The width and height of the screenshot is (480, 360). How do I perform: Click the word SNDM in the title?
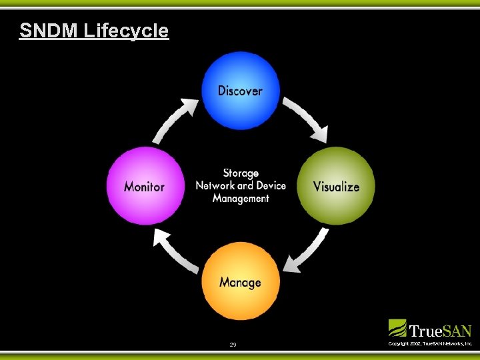coord(49,31)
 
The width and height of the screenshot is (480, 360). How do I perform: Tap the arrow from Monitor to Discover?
coord(175,119)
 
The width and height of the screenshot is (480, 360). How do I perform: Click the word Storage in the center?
coord(241,173)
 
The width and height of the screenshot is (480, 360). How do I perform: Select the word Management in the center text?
coord(241,198)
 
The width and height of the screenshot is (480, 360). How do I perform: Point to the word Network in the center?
coord(215,185)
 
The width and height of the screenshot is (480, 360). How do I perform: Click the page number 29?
coord(233,345)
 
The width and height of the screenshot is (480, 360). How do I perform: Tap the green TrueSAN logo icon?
coord(397,328)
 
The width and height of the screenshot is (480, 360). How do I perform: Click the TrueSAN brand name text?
coord(440,331)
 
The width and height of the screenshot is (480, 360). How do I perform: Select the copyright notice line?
coord(430,343)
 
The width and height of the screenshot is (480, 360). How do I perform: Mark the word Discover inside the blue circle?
coord(240,91)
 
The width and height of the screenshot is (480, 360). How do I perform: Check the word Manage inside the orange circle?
coord(240,282)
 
